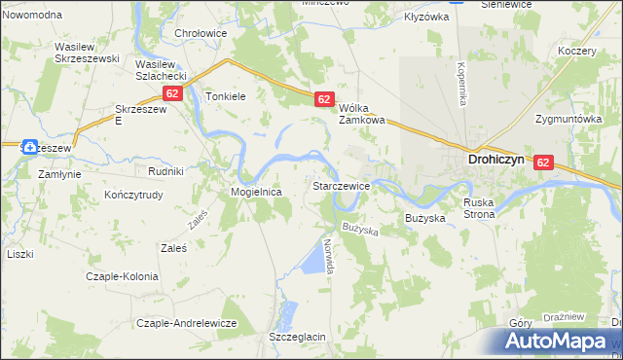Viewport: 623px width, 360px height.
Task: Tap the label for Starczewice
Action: point(340,185)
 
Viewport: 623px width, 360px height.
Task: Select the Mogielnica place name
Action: point(256,192)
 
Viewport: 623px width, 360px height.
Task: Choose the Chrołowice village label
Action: point(201,33)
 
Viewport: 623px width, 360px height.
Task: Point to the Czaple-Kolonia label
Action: point(122,276)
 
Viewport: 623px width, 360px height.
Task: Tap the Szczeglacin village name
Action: point(297,337)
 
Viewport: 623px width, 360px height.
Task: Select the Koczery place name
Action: point(577,51)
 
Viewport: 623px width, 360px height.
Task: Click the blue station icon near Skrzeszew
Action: point(30,147)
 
